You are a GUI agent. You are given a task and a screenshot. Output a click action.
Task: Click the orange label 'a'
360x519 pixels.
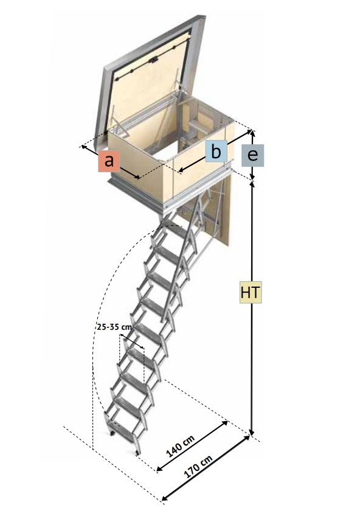click(109, 161)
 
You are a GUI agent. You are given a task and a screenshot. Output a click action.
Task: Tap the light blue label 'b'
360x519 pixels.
click(216, 152)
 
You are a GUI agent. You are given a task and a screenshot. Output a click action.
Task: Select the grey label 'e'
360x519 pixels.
click(252, 155)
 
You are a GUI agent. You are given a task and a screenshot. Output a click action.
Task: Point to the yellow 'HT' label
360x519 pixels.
click(251, 292)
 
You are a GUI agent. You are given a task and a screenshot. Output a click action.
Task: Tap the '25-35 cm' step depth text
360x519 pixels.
click(114, 327)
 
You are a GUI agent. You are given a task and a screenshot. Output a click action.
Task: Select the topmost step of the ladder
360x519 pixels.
click(175, 230)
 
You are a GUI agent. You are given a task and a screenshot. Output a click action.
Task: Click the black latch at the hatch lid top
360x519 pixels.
click(153, 60)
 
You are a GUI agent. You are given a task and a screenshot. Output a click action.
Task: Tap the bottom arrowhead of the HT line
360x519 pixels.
click(252, 431)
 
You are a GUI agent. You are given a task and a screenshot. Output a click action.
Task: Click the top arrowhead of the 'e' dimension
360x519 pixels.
click(252, 133)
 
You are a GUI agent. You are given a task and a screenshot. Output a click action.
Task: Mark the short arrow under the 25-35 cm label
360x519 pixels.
click(132, 341)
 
